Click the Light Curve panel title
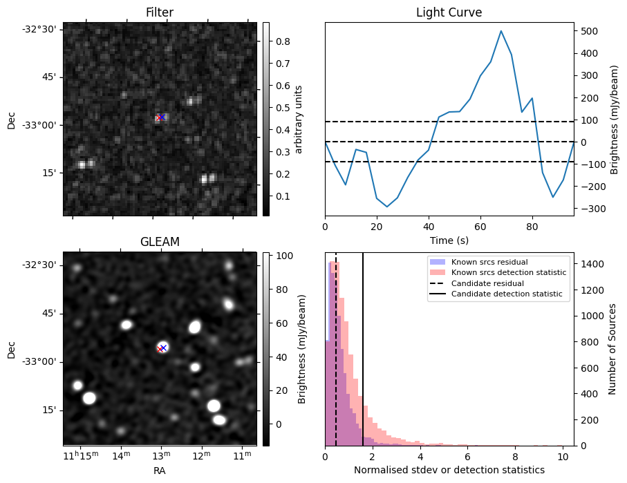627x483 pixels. (449, 12)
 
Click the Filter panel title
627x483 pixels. (160, 12)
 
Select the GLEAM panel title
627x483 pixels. (160, 242)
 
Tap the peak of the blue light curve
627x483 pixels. (501, 31)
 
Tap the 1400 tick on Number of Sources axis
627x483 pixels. (592, 264)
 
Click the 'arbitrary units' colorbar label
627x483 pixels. (299, 119)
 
